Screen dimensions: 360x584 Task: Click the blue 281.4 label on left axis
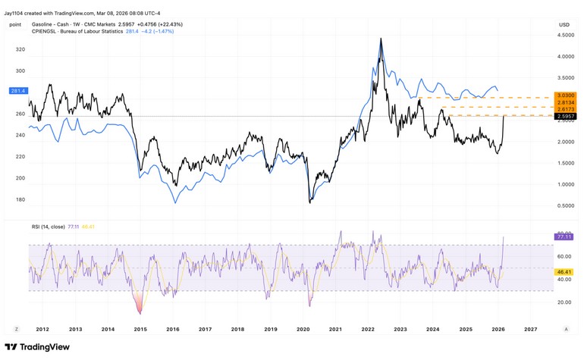(17, 91)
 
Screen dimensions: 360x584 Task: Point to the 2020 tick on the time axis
(303, 329)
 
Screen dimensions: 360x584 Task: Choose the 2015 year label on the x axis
(140, 329)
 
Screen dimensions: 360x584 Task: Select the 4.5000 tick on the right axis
(565, 35)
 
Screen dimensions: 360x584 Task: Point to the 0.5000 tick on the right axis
(565, 205)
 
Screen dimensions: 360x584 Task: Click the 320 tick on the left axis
(20, 49)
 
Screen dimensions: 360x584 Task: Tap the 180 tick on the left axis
(20, 199)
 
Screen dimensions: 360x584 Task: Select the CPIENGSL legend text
(52, 32)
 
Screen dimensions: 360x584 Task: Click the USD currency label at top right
(564, 24)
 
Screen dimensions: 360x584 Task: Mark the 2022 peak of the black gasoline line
(381, 39)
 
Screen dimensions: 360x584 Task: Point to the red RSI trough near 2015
(139, 311)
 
